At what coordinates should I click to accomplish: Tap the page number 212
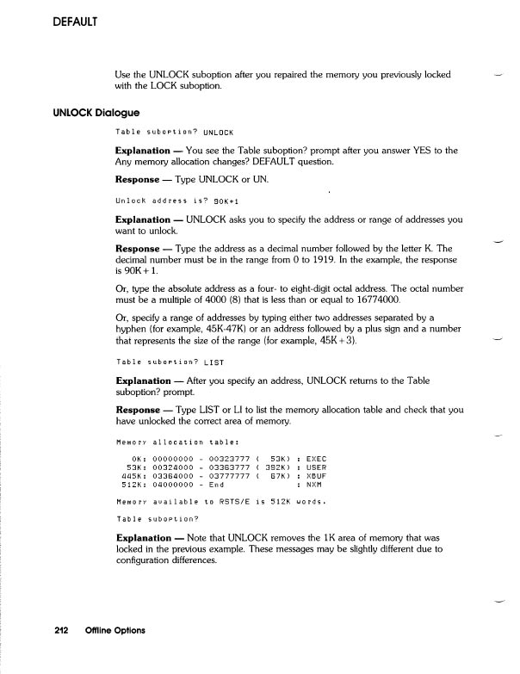tap(60, 630)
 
